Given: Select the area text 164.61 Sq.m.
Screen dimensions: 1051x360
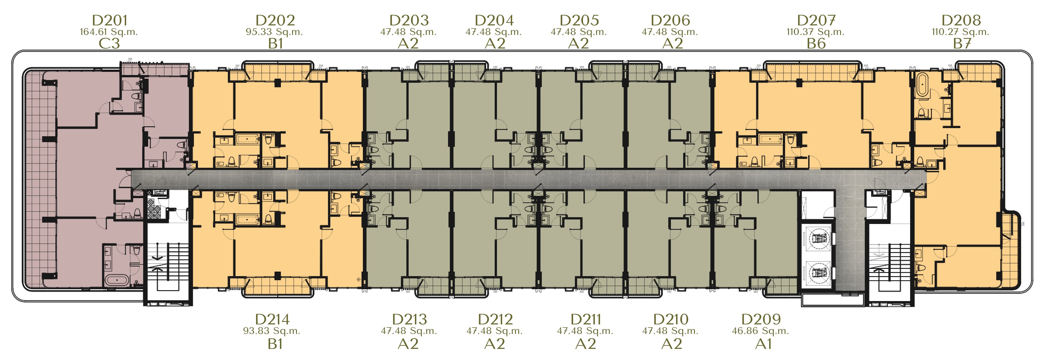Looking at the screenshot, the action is (109, 32).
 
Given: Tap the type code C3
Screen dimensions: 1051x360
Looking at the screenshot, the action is (109, 43).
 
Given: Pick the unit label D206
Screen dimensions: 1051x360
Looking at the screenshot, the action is (670, 20).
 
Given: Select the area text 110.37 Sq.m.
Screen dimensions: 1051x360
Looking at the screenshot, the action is (816, 32).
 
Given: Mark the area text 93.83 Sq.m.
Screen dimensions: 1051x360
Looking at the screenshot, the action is (272, 331).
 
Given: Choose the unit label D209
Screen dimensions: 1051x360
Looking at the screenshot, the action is (761, 319).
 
